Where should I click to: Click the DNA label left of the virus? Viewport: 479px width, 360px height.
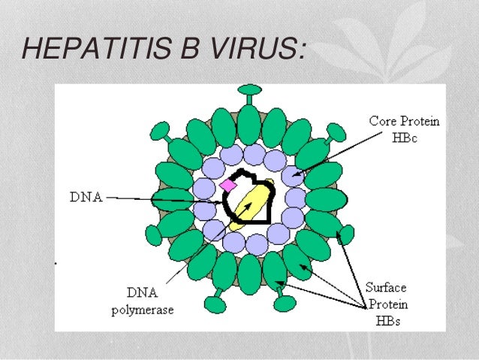click(x=85, y=198)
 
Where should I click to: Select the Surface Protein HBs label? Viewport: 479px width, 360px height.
click(x=387, y=304)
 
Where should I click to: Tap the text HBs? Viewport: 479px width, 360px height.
click(x=386, y=321)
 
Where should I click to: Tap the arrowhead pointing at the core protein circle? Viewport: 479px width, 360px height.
click(x=294, y=177)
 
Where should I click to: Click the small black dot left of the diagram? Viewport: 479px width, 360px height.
click(x=57, y=263)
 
